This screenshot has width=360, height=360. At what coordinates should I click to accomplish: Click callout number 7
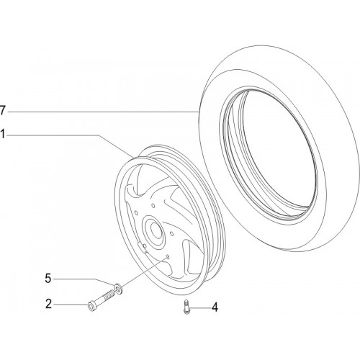point(2,111)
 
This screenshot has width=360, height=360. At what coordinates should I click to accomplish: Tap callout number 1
point(2,135)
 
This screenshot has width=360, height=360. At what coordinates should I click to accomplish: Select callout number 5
point(48,279)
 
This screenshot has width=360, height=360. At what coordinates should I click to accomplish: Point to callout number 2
point(48,304)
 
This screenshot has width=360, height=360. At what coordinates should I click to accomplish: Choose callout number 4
point(215,307)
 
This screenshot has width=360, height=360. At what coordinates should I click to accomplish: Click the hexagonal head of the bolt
point(91,307)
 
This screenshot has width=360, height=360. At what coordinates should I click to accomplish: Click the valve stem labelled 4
point(186,307)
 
